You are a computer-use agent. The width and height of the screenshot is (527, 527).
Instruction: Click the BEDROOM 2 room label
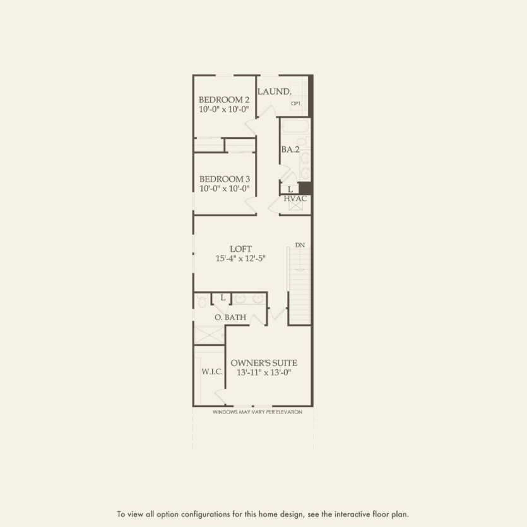(x=224, y=100)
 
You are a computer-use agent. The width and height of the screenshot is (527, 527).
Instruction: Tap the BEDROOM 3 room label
(x=224, y=179)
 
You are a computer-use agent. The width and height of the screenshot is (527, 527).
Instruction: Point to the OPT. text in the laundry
(x=296, y=103)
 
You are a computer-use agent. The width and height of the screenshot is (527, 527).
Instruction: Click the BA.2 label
(x=290, y=150)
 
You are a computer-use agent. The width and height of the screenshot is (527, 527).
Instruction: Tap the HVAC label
(x=295, y=199)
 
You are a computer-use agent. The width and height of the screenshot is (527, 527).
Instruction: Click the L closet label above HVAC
(x=290, y=189)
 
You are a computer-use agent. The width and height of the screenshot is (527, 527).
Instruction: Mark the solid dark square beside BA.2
(x=305, y=188)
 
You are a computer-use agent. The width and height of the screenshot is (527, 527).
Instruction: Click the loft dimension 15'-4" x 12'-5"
(x=237, y=259)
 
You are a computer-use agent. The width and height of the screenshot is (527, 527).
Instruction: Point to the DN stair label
(x=299, y=245)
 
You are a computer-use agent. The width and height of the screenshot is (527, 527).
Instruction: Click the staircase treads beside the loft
(x=300, y=284)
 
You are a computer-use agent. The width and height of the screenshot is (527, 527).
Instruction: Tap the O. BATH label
(x=230, y=317)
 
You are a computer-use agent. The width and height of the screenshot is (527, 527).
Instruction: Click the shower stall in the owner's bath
(x=209, y=335)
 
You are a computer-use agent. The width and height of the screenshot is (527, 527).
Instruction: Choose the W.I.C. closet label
(x=212, y=372)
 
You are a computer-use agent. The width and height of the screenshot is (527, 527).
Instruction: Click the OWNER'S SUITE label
(x=263, y=363)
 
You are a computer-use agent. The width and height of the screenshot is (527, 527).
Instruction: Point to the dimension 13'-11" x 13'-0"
(x=263, y=373)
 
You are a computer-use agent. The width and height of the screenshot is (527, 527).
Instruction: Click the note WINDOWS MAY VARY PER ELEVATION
(x=257, y=412)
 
